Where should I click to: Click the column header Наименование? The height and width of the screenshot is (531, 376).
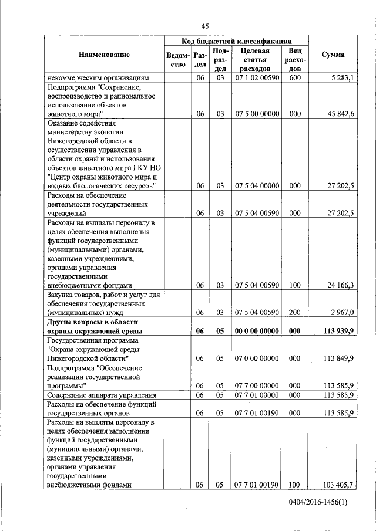[103, 55]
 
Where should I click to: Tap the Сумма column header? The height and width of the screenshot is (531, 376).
[333, 55]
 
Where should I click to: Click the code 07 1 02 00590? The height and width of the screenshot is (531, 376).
[257, 77]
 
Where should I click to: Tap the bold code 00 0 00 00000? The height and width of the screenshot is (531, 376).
[257, 331]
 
